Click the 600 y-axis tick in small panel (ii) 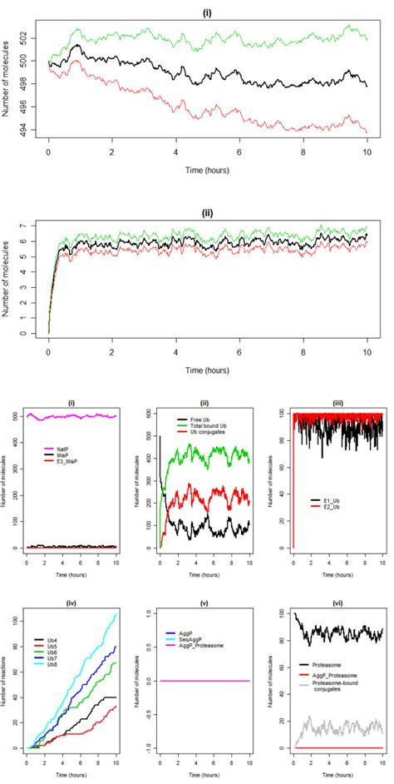(x=149, y=413)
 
